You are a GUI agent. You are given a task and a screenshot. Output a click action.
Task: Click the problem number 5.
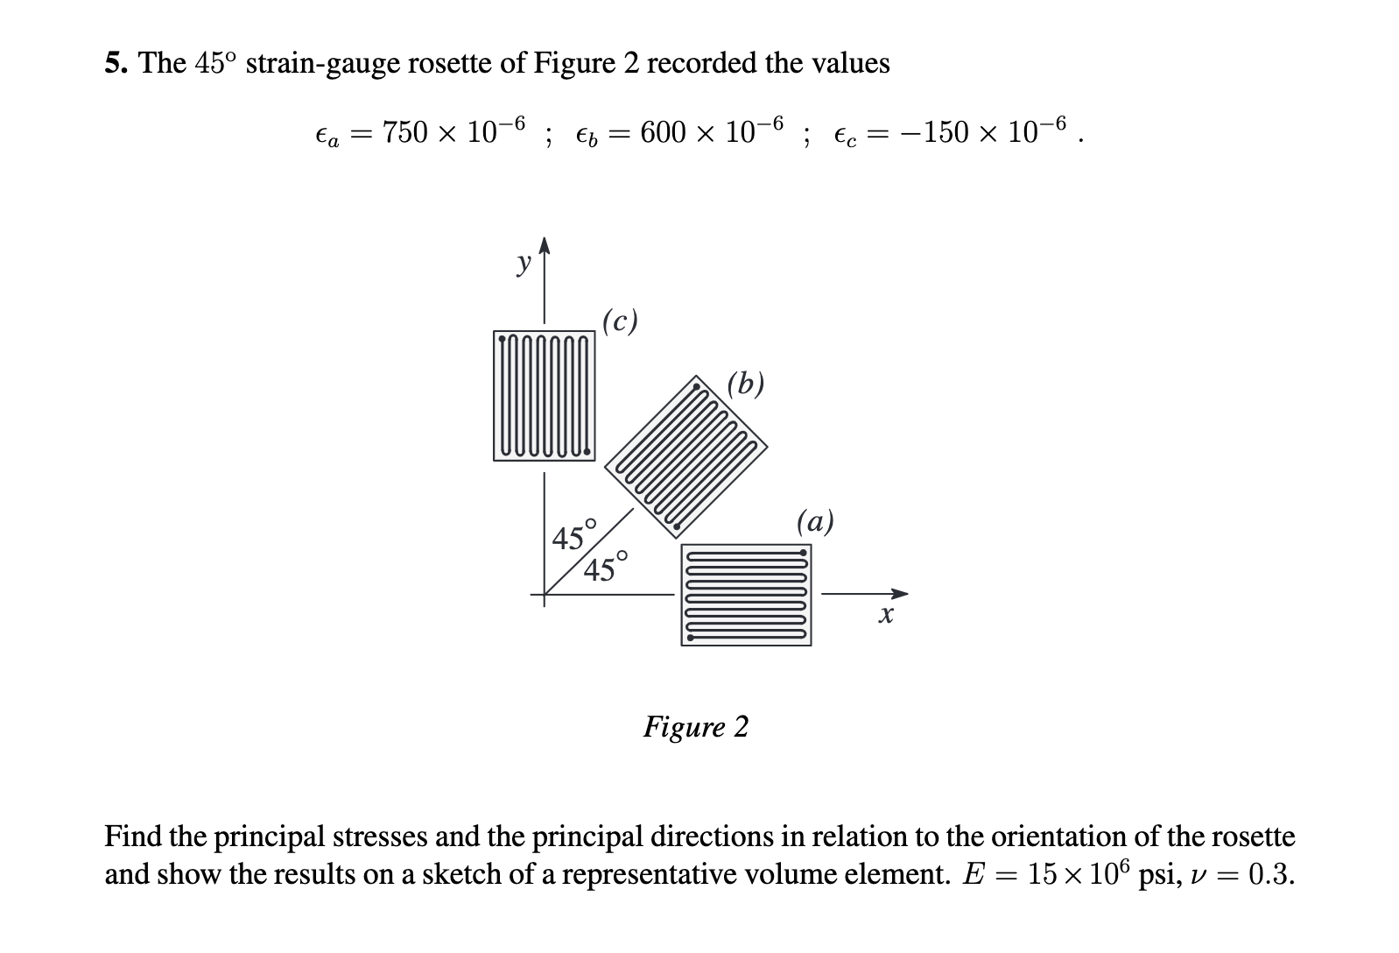coord(115,63)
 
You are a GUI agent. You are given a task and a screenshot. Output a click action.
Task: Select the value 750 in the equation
coord(405,132)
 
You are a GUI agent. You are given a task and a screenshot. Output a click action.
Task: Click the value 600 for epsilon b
coord(663,132)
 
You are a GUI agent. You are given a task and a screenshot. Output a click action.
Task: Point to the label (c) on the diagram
coord(621,321)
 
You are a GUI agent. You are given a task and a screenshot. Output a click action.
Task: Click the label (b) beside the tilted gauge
coord(746,383)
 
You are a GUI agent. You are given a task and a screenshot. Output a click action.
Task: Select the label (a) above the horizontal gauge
coord(815,521)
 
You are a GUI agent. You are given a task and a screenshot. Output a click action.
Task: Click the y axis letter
coord(524,262)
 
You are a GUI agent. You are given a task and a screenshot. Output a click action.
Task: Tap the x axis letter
coord(886,616)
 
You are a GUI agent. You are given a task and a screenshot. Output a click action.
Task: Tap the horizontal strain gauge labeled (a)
coord(746,595)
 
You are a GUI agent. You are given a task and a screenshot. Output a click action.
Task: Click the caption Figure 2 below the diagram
coord(696,727)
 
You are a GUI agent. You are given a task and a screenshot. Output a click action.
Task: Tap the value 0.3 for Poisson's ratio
coord(1269,874)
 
